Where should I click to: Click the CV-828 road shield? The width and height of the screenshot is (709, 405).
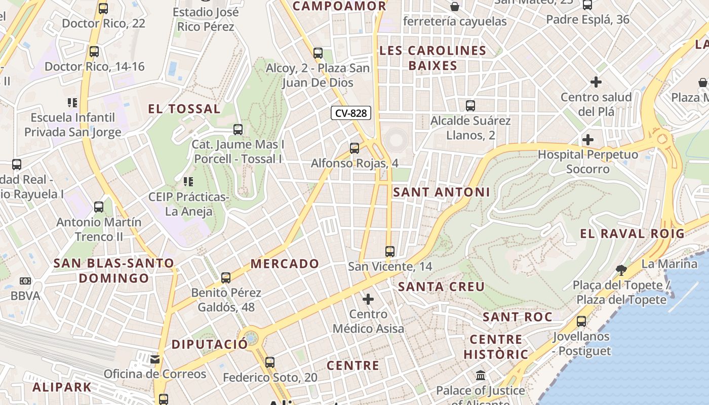(351, 113)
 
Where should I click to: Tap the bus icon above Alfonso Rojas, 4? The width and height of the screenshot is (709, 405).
(354, 148)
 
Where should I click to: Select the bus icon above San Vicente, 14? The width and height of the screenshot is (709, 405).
(389, 252)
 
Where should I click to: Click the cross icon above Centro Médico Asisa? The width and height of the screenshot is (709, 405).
(368, 299)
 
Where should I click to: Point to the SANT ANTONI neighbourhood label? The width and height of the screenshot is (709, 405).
(442, 192)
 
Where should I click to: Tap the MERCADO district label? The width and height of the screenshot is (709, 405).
(285, 264)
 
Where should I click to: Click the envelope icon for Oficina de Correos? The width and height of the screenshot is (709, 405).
(155, 359)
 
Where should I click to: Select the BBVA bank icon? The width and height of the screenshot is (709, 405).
(25, 281)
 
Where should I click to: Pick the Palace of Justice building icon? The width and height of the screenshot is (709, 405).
(481, 376)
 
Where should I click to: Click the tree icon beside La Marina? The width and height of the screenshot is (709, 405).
(621, 269)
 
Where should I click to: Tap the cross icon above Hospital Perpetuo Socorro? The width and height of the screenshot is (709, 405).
(588, 140)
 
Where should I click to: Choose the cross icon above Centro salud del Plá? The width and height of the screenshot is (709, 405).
(596, 82)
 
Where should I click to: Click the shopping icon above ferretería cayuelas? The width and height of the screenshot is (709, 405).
(455, 7)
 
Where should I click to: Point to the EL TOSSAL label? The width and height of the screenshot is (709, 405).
(184, 109)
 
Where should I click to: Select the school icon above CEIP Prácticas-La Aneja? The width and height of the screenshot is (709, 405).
(188, 182)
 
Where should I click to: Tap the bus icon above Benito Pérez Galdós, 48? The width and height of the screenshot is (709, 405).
(226, 278)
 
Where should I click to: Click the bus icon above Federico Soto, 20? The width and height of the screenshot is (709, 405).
(270, 362)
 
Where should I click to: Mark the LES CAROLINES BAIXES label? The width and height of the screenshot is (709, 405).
(432, 58)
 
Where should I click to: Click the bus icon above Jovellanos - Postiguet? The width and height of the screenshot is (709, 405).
(581, 321)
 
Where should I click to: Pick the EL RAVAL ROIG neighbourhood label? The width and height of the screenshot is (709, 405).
(632, 234)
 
